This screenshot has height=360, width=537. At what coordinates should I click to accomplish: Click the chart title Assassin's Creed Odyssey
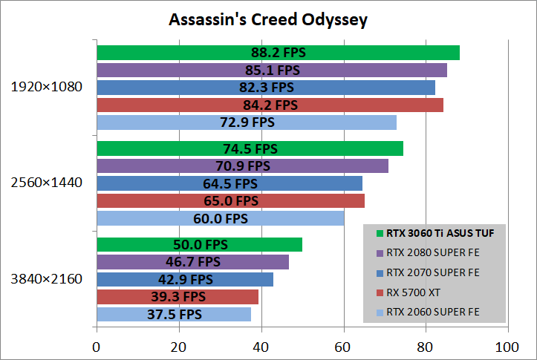(268, 19)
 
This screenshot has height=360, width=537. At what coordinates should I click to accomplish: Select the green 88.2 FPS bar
(278, 53)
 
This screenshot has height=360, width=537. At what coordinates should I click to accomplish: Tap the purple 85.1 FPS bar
(272, 71)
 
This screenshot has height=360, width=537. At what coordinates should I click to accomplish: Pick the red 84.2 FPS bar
(270, 105)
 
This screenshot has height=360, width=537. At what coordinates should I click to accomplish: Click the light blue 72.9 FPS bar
(247, 122)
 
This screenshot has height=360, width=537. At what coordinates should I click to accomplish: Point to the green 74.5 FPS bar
(250, 148)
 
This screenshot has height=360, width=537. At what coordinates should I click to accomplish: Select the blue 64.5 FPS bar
(230, 183)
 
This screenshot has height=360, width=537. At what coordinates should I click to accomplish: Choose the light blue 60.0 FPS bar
(220, 218)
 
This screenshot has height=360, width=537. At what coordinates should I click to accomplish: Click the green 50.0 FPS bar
(199, 245)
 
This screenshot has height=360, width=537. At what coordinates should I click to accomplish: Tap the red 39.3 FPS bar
(178, 297)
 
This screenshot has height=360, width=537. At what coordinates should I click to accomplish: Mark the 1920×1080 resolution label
(46, 87)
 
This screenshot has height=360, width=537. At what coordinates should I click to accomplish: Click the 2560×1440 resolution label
(46, 183)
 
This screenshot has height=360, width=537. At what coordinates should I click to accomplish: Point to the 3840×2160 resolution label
(46, 279)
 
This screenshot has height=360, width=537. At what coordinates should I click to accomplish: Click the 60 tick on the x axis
(343, 346)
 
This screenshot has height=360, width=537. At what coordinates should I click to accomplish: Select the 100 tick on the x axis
(507, 346)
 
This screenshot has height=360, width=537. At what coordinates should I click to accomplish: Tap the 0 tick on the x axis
(97, 346)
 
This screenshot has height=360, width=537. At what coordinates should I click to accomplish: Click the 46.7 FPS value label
(192, 262)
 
